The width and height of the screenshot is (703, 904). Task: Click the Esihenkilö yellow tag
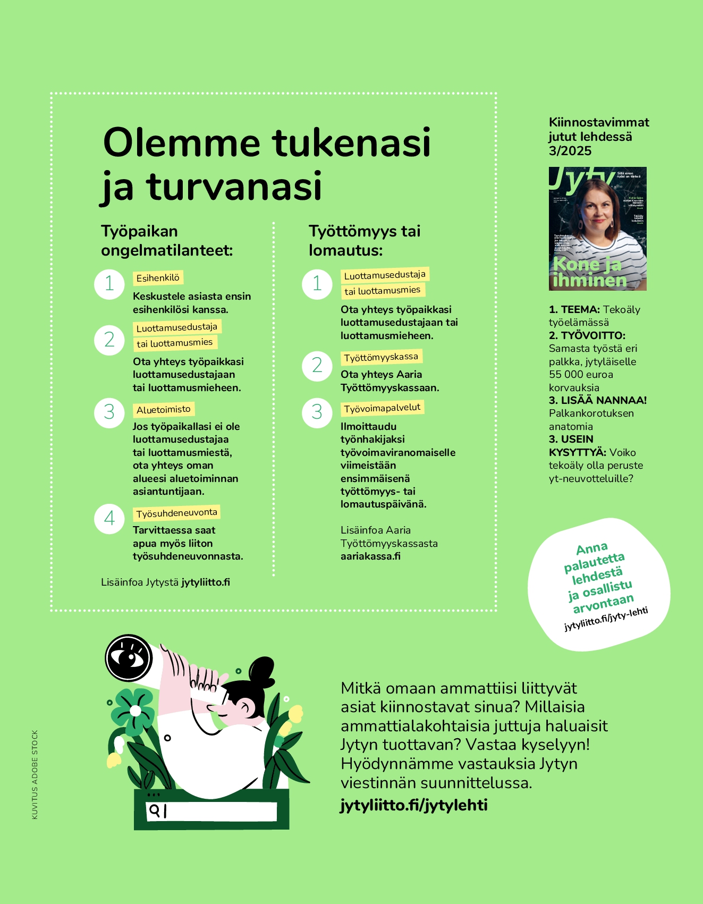(x=158, y=278)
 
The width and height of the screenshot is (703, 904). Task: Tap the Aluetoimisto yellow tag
(x=163, y=410)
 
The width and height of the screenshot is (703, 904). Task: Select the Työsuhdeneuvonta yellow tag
(x=176, y=513)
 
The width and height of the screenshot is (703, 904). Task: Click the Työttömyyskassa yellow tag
(x=381, y=357)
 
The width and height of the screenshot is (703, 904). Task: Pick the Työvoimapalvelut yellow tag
(x=382, y=408)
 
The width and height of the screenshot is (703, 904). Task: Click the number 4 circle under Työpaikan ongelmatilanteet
(x=109, y=519)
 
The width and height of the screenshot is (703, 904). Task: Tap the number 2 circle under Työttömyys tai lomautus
(x=317, y=366)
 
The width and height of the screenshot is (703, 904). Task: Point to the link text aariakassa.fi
(x=370, y=556)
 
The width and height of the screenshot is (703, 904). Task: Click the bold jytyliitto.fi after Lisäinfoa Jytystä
(x=206, y=582)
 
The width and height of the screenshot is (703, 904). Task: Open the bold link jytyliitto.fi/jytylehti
(x=414, y=805)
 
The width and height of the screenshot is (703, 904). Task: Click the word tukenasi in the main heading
(x=351, y=142)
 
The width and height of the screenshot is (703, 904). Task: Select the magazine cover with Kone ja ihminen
(x=597, y=229)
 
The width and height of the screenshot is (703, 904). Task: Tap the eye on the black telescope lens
(x=129, y=658)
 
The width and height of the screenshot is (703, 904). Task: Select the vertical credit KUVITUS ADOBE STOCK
(x=35, y=774)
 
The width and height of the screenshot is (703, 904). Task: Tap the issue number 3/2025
(x=570, y=151)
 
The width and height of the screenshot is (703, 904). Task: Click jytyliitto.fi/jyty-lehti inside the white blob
(x=606, y=619)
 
